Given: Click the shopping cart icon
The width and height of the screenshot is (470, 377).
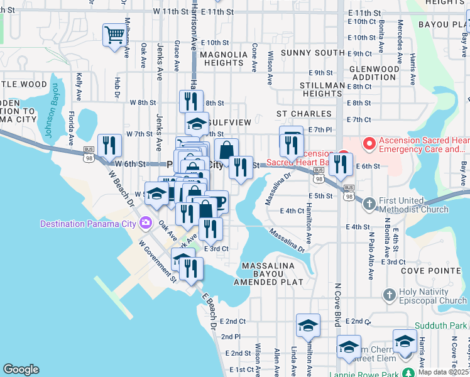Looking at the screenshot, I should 114,35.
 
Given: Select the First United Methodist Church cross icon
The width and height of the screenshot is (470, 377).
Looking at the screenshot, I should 369,203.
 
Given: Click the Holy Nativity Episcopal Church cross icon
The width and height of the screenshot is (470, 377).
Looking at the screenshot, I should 389,295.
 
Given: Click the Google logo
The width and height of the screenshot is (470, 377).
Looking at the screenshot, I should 21,369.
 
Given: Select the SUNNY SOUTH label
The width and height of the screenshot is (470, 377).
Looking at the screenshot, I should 309,53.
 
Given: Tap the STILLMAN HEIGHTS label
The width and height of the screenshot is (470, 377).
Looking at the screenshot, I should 312,89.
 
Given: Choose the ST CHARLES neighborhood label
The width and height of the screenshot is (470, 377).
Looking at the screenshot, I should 303,114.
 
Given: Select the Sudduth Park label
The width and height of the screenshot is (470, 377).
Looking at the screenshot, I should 441,325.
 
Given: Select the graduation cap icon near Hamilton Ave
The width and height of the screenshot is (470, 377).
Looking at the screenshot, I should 308,325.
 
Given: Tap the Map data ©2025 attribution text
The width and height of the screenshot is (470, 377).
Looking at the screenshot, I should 443,372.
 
